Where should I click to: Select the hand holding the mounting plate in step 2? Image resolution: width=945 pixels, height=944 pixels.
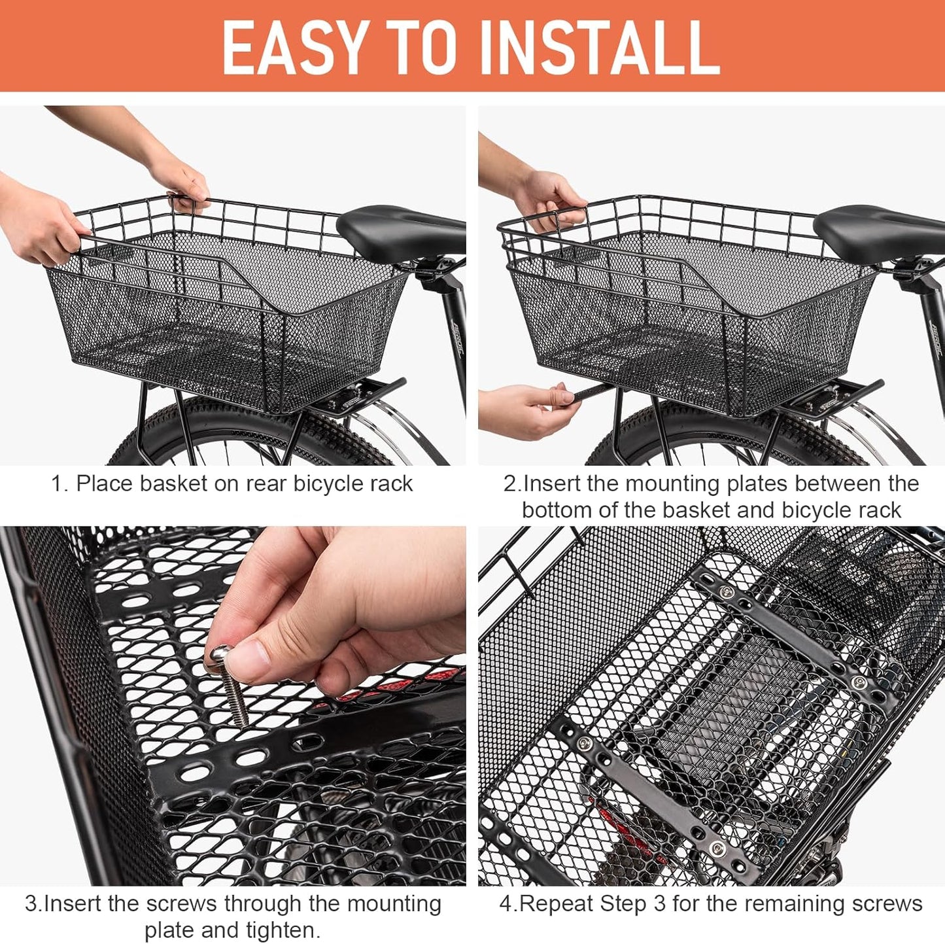click(x=523, y=409)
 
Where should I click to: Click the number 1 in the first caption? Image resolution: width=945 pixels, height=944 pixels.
click(x=58, y=484)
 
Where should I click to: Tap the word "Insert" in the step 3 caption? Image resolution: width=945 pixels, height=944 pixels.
click(x=73, y=903)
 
